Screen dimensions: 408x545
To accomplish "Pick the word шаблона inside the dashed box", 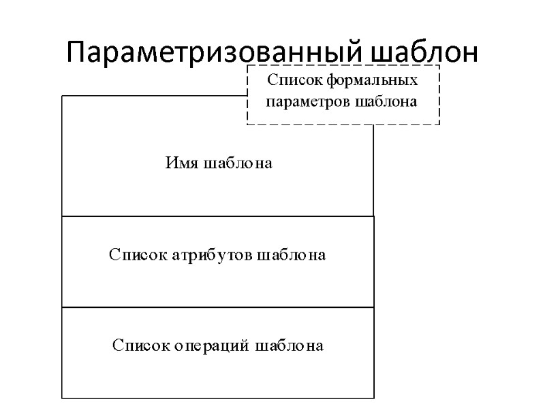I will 386,103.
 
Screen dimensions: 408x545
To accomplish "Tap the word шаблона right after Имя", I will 237,164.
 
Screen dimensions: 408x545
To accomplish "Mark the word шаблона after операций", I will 290,346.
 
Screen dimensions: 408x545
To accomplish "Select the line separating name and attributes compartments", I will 218,216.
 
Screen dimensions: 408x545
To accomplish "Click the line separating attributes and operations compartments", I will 218,307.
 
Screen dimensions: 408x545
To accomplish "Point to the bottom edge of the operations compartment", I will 218,398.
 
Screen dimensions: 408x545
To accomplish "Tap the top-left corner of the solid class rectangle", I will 62,96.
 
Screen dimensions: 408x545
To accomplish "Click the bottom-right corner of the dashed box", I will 439,124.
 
